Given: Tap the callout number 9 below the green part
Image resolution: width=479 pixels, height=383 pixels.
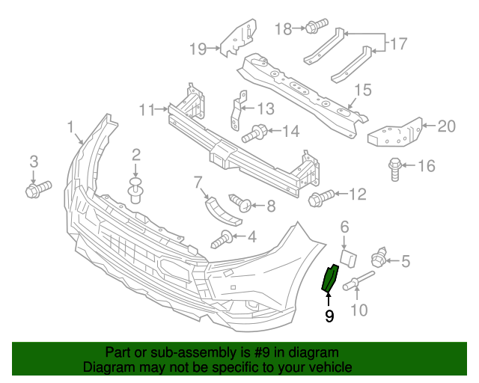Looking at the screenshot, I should tap(329, 316).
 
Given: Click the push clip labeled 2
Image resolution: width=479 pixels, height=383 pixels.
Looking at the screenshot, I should tap(135, 191).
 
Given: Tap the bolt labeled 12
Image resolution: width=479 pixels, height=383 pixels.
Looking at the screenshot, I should tap(321, 198).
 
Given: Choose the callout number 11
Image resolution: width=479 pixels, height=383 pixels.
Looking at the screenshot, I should tap(147, 111).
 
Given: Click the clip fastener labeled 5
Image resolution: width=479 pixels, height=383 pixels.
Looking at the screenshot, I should tap(379, 260).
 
